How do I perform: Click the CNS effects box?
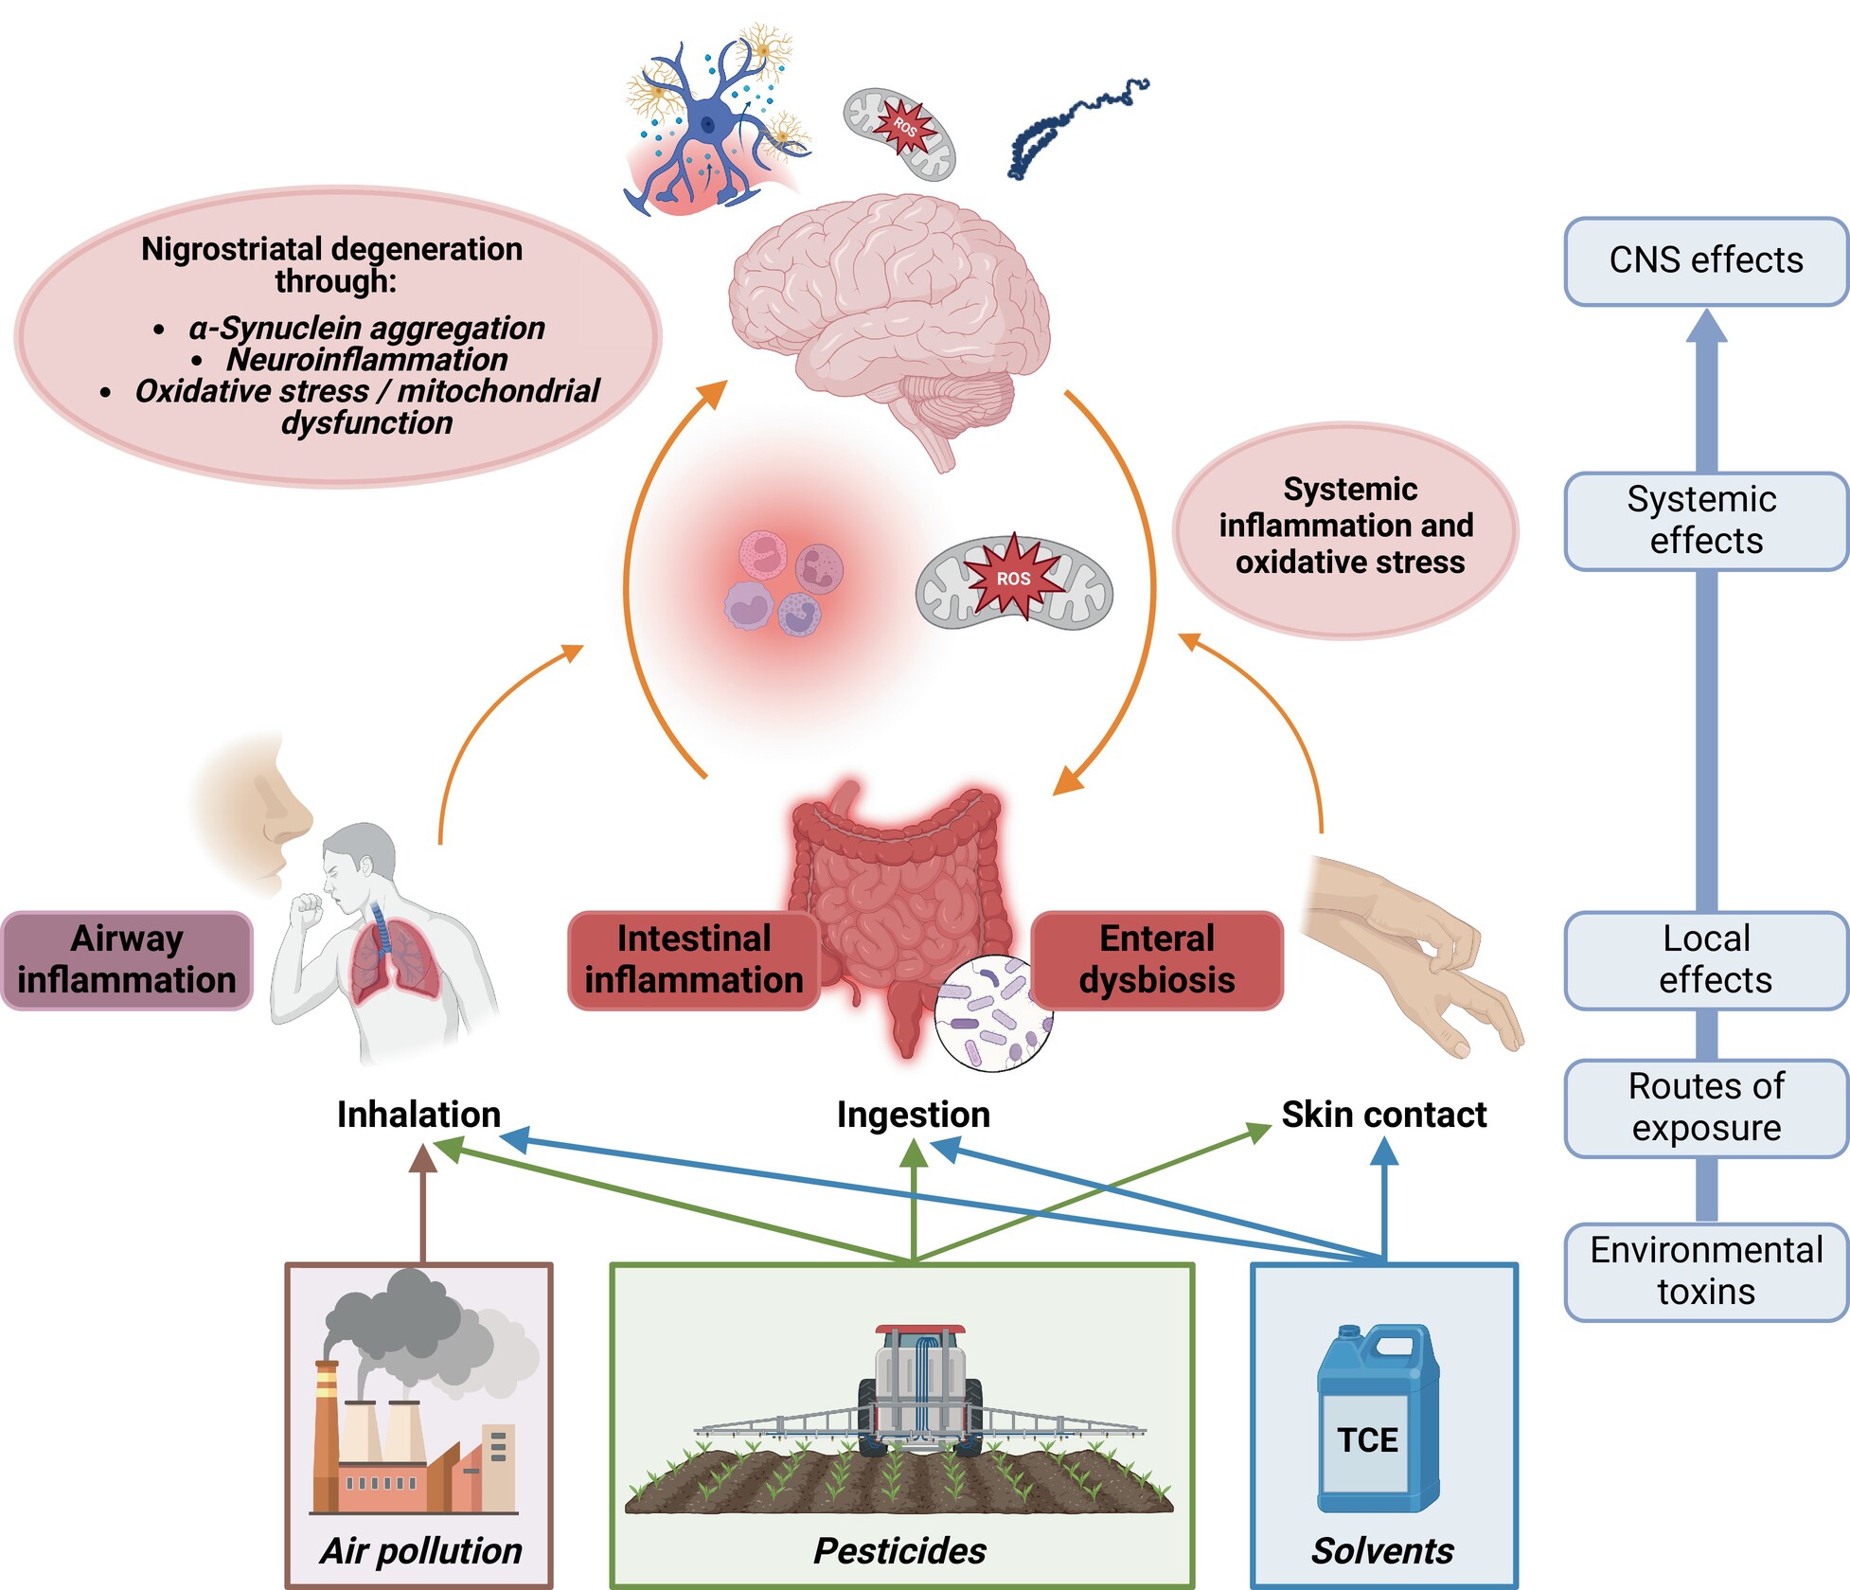1705,261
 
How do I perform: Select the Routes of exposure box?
1705,1107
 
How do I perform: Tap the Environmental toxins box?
1705,1271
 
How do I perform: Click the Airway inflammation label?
127,960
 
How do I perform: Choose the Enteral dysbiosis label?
1157,960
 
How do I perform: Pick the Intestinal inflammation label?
693,960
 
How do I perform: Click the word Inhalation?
418,1115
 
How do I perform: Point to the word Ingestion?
913,1115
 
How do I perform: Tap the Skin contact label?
1383,1115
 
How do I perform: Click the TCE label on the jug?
1367,1439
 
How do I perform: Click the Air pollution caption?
420,1551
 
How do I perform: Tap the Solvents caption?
1381,1551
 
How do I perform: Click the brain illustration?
890,313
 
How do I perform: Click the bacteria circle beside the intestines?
993,1013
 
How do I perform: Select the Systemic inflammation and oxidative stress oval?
1346,527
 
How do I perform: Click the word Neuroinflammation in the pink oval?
366,360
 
